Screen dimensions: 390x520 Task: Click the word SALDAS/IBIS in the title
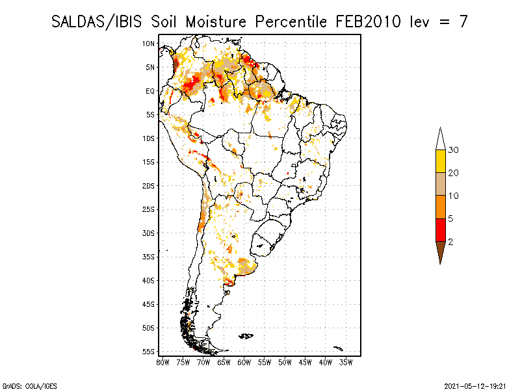coord(97,21)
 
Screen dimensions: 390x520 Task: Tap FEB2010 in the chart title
coord(370,21)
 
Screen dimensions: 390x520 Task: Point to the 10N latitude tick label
coord(149,44)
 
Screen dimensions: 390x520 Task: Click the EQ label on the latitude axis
coord(150,91)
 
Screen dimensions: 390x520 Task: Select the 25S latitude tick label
coord(149,209)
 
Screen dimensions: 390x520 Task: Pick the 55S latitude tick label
coord(149,352)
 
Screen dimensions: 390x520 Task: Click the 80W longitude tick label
coord(162,361)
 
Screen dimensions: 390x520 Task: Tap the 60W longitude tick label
coord(244,361)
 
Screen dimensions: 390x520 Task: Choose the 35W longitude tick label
coord(346,361)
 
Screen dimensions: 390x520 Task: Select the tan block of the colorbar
coord(441,184)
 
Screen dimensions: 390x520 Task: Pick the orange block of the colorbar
coord(441,207)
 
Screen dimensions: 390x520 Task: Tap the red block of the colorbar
coord(441,229)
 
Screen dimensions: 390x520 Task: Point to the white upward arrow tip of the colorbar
coord(441,138)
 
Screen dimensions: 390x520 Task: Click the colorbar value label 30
coord(454,150)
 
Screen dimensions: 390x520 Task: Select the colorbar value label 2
coord(450,241)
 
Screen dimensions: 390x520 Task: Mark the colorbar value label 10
coord(454,196)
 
